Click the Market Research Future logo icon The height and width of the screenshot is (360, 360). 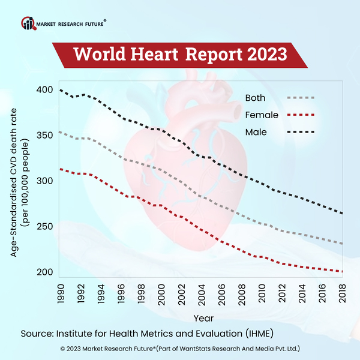(x=28, y=23)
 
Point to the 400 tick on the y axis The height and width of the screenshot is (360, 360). (x=44, y=90)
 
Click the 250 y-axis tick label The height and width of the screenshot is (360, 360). (x=44, y=227)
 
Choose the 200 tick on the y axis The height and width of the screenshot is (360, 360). (x=44, y=272)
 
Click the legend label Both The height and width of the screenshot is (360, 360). (x=256, y=98)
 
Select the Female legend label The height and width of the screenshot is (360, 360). (x=260, y=115)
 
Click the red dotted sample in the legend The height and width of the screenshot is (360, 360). (x=301, y=115)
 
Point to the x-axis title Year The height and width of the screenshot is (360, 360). (x=201, y=317)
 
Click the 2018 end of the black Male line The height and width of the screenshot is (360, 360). (x=343, y=213)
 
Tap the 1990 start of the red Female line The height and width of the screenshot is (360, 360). (x=60, y=169)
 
